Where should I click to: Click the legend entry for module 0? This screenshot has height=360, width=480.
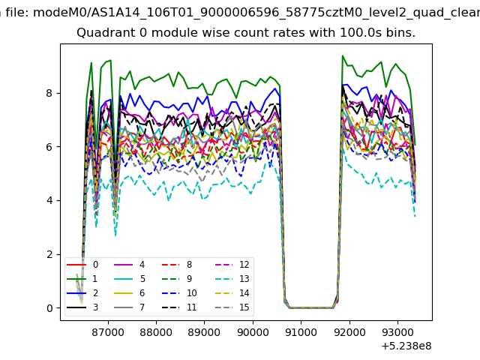click(82, 265)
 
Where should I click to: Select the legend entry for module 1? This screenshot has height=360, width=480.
click(82, 278)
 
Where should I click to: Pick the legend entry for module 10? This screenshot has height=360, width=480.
click(179, 293)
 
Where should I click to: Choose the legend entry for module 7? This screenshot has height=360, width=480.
click(130, 307)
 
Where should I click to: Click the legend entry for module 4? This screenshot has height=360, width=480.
click(130, 265)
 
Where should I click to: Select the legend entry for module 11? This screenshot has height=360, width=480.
click(179, 307)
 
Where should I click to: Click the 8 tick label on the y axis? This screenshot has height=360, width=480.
click(49, 93)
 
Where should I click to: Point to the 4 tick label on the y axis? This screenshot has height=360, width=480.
click(49, 200)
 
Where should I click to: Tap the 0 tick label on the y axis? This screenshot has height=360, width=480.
click(49, 308)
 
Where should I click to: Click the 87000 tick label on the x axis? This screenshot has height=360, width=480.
click(108, 331)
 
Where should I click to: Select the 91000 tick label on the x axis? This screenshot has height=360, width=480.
click(301, 331)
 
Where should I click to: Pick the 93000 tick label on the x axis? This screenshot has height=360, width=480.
click(397, 331)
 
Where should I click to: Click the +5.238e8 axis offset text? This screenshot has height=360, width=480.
click(406, 346)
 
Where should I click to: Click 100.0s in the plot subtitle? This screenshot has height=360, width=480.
click(358, 32)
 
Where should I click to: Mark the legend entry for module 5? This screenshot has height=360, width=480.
click(130, 278)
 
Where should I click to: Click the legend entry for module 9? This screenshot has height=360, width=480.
click(177, 278)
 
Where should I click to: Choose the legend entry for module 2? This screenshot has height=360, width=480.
click(82, 293)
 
